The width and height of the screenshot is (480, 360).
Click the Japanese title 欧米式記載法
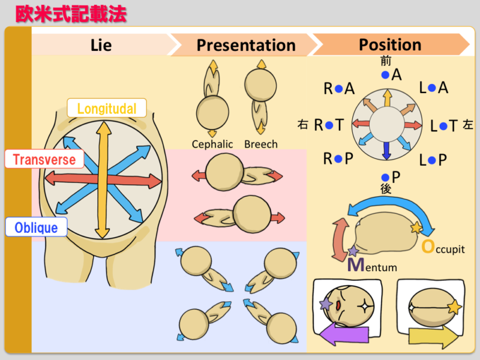click(x=71, y=14)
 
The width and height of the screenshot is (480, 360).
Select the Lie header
click(x=101, y=45)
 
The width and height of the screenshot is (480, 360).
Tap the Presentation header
click(x=246, y=45)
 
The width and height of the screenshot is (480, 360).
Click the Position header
click(x=390, y=44)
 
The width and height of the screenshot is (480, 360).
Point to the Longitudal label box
click(x=107, y=108)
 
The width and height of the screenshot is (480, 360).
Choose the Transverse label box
click(x=44, y=159)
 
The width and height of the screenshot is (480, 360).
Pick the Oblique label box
click(x=36, y=227)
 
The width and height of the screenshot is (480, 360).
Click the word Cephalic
click(x=212, y=144)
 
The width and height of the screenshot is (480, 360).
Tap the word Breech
click(x=261, y=144)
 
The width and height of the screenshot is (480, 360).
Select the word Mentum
click(x=372, y=265)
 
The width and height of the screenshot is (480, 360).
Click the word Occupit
click(x=443, y=247)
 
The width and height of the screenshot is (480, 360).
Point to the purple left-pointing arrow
click(x=344, y=335)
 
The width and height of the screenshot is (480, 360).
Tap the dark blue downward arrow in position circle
click(x=386, y=151)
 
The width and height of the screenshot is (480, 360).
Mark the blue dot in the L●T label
click(x=443, y=126)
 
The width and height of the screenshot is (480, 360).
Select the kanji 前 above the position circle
click(x=386, y=61)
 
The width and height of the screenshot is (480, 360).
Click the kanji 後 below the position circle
click(x=386, y=188)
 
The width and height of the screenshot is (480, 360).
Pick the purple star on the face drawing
click(x=326, y=304)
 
